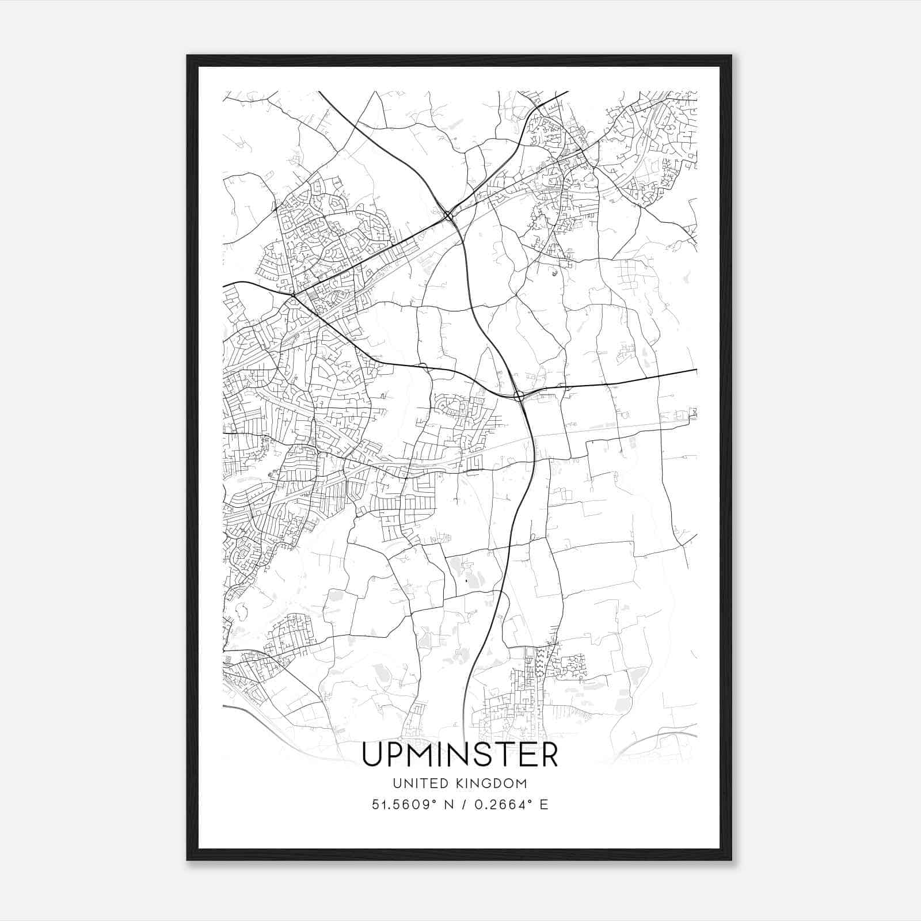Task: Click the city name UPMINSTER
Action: tap(460, 755)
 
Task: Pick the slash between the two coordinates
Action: tap(462, 805)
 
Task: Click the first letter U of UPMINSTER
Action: tap(372, 755)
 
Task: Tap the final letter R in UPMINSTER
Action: tap(549, 755)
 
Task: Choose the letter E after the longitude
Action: tap(543, 805)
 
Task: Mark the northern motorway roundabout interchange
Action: tap(448, 216)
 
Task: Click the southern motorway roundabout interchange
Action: tap(519, 395)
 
